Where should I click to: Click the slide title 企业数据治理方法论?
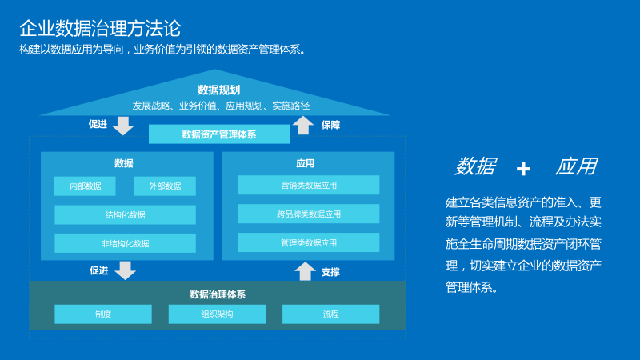(100, 29)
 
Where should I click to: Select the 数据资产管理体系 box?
(219, 134)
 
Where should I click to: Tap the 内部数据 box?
(85, 186)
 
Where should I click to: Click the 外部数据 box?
(165, 186)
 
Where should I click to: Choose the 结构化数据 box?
(125, 214)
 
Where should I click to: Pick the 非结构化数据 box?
(125, 243)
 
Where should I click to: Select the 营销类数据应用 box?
(309, 186)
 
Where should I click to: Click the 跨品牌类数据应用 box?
(309, 214)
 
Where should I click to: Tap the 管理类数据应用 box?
(309, 242)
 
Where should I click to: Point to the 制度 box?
(102, 314)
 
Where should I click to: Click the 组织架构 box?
(217, 314)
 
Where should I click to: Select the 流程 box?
(331, 314)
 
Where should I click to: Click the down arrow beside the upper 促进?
(123, 125)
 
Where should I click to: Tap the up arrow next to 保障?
(303, 125)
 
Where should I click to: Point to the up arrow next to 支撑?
(305, 271)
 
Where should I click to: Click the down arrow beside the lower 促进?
(125, 270)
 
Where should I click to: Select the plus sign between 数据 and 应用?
(523, 169)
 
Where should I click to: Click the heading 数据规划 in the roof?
(218, 90)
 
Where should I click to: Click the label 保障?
(330, 125)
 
